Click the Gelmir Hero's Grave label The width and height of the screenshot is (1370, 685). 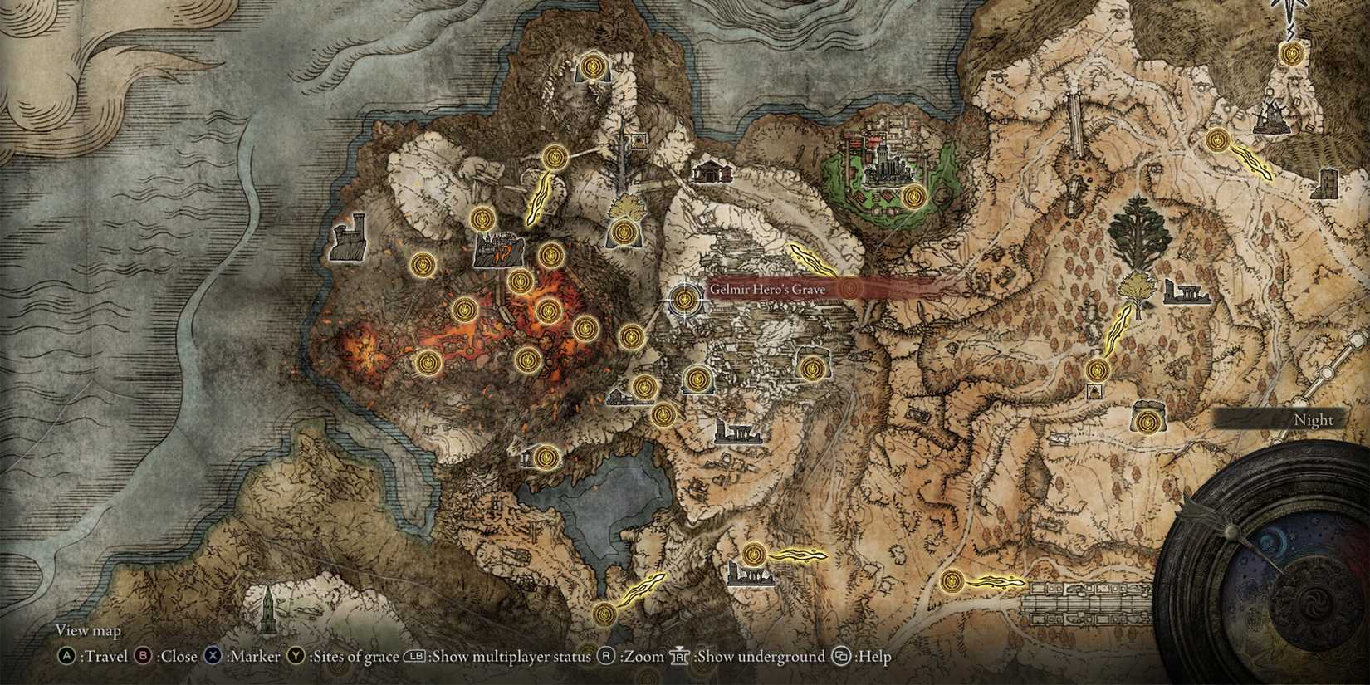pos(766,289)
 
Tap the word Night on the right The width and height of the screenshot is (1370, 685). pos(1313,420)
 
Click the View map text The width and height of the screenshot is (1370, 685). pos(88,631)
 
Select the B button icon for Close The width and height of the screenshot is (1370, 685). pos(144,657)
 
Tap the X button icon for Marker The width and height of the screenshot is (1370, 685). pos(213,657)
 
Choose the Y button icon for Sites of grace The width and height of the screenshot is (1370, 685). pos(296,657)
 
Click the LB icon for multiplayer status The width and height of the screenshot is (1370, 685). pos(414,657)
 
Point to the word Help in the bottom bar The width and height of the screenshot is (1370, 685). pos(873,657)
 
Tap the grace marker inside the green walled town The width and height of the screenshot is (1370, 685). pos(913,197)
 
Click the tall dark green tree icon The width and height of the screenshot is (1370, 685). pos(1140,233)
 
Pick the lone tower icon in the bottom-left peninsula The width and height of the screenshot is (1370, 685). pos(268,610)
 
